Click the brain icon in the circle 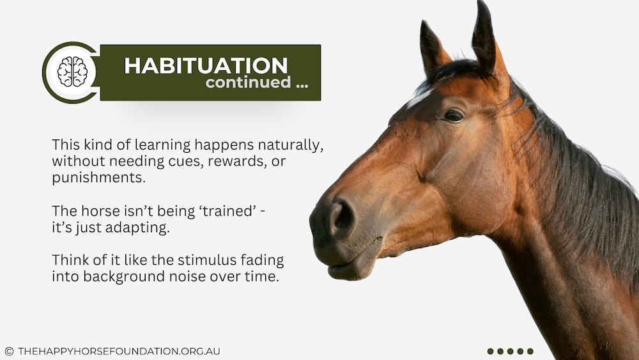73,72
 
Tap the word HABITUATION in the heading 206,66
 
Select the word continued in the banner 248,82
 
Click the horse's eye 453,116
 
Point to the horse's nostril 341,217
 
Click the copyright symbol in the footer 9,351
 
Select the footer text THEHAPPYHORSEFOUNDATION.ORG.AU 119,351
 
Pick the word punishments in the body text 98,178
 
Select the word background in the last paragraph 125,276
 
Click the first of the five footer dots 490,351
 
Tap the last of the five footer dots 530,351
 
